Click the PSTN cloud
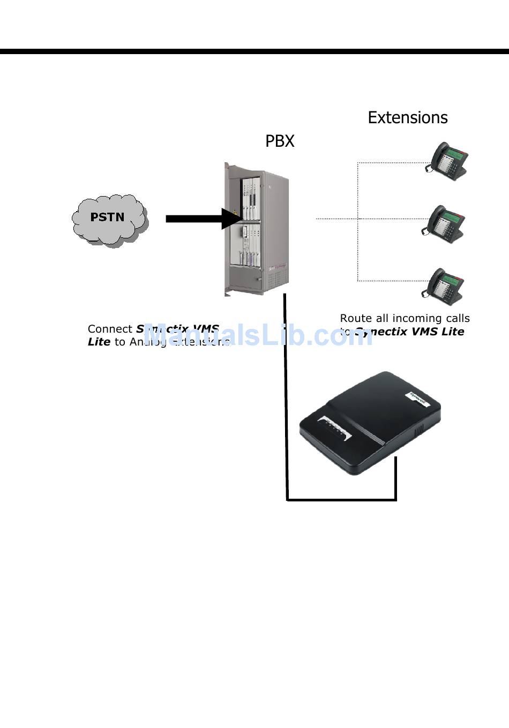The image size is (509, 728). (109, 218)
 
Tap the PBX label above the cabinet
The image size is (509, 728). (280, 141)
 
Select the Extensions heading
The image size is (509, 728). (407, 117)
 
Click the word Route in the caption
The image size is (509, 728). (355, 318)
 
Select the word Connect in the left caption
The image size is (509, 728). (110, 329)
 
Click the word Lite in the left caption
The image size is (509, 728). (99, 342)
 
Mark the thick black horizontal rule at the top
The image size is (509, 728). (254, 51)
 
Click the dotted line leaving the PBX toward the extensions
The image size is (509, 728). (336, 219)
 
